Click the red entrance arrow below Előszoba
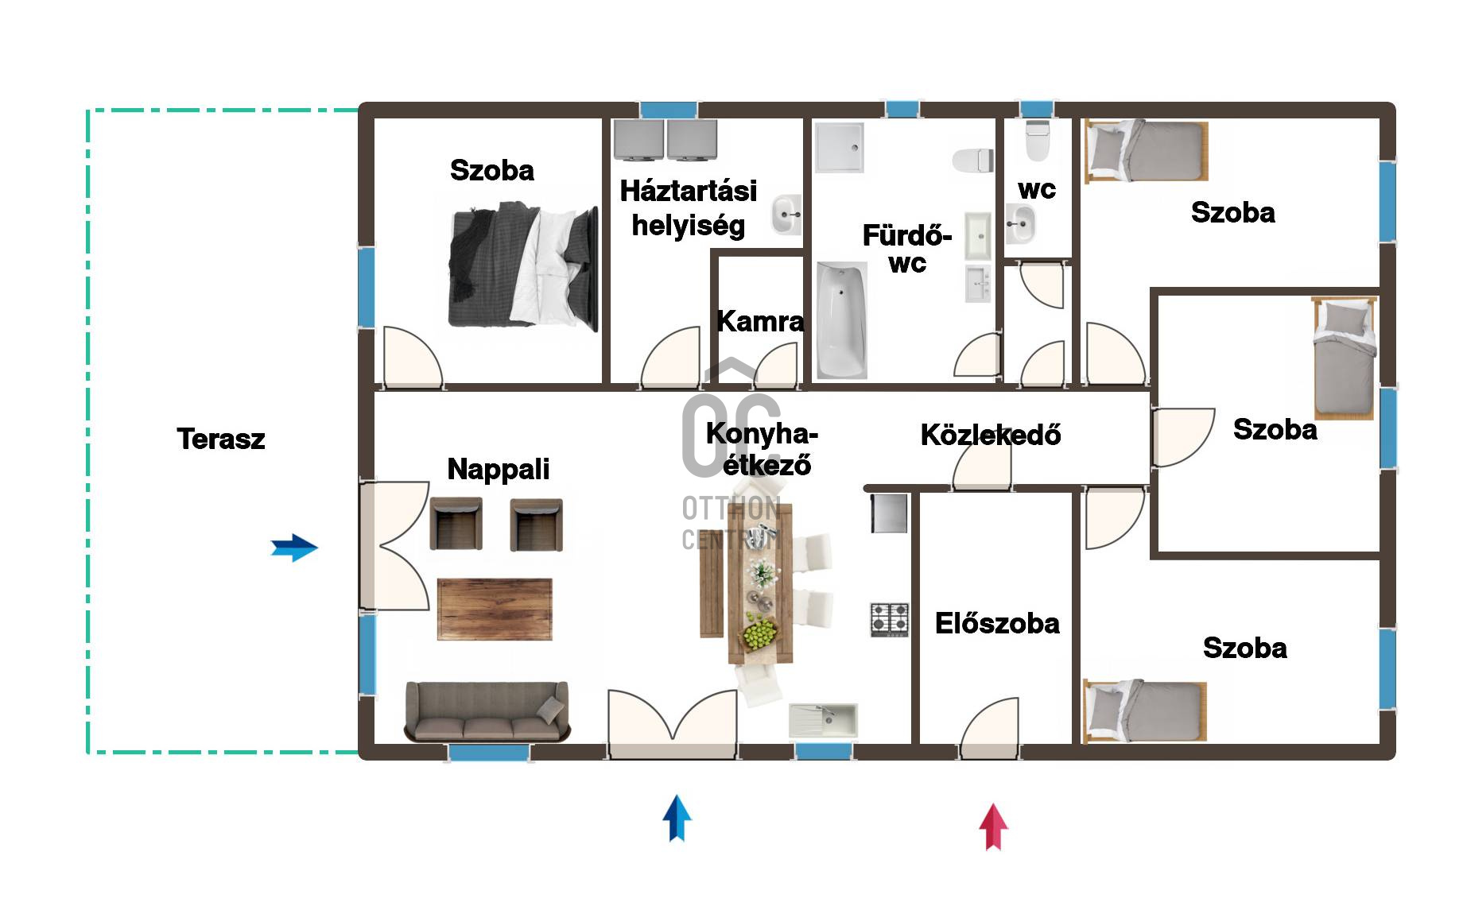point(993,827)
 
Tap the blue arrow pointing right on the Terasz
point(294,548)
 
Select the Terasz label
point(221,439)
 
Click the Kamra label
point(760,321)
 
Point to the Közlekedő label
point(991,434)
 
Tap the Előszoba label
point(997,623)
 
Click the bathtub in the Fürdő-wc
point(841,320)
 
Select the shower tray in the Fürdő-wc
point(839,147)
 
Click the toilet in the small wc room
point(1038,141)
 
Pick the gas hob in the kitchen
point(890,620)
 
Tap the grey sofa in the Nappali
point(487,711)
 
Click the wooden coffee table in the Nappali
point(495,609)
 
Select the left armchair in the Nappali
point(456,525)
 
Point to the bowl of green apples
point(759,635)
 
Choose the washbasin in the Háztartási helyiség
point(786,215)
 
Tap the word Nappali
point(499,469)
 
